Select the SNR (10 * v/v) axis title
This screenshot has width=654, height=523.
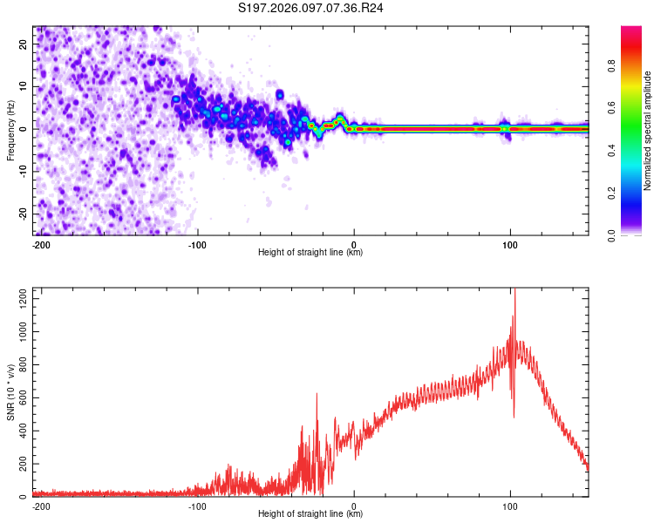pos(10,392)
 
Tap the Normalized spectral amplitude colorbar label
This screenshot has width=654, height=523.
pos(648,131)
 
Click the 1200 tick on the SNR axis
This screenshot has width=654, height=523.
pos(19,300)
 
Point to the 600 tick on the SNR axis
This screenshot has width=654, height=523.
pos(22,398)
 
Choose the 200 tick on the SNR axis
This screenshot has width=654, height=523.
pos(22,464)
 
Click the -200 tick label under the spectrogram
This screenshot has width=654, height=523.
pos(40,244)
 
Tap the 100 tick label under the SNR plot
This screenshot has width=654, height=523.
pos(509,506)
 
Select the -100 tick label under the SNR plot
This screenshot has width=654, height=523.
pos(197,506)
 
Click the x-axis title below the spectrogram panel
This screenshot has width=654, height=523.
pos(310,252)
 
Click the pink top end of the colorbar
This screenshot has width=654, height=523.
pos(631,30)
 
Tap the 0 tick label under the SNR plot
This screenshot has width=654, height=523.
pos(354,506)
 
